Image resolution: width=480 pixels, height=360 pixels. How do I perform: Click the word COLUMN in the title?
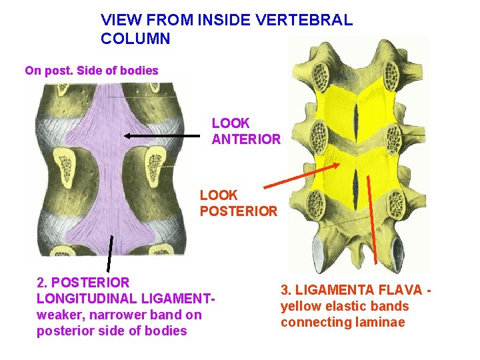click(136, 39)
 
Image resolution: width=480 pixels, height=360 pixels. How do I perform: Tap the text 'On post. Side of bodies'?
click(91, 70)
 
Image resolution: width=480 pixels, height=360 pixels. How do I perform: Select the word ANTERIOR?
click(246, 139)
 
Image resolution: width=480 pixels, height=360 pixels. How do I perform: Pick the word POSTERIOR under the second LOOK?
click(239, 211)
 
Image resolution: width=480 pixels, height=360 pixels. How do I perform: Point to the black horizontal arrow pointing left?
click(161, 135)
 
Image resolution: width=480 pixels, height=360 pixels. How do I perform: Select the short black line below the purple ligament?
click(109, 254)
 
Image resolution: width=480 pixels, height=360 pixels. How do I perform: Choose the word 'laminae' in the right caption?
click(383, 323)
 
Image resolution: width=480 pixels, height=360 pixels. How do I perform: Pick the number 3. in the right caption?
click(286, 290)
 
